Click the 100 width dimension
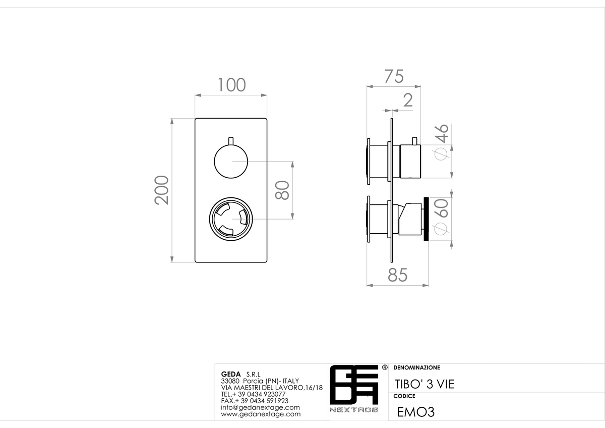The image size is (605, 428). click(x=232, y=85)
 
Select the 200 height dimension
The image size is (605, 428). click(x=161, y=190)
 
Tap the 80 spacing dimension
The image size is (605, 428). click(x=282, y=190)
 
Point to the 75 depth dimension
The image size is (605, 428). click(x=394, y=77)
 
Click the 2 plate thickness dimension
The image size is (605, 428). click(x=408, y=100)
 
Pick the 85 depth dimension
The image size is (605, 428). click(x=397, y=275)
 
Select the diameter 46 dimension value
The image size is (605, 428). click(x=441, y=142)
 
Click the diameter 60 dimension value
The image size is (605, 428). click(x=441, y=217)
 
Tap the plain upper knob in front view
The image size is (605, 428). click(x=231, y=162)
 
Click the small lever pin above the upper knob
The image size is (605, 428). click(x=231, y=141)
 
